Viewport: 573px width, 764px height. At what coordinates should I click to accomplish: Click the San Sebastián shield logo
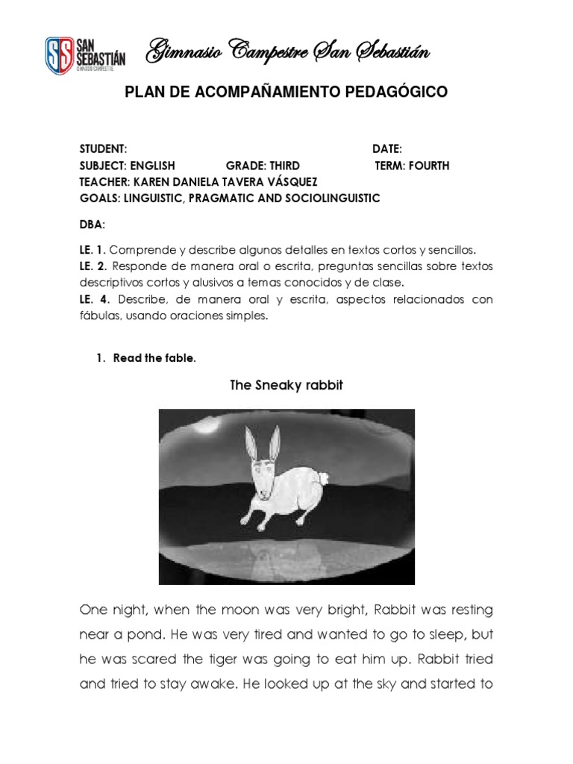coord(61,54)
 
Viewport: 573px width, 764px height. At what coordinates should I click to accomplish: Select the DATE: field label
coord(387,149)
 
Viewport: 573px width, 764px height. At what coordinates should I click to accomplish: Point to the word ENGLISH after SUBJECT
coord(152,166)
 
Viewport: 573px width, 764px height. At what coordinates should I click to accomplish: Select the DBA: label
coord(93,224)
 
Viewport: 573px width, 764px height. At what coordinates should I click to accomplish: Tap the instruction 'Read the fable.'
coord(154,358)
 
